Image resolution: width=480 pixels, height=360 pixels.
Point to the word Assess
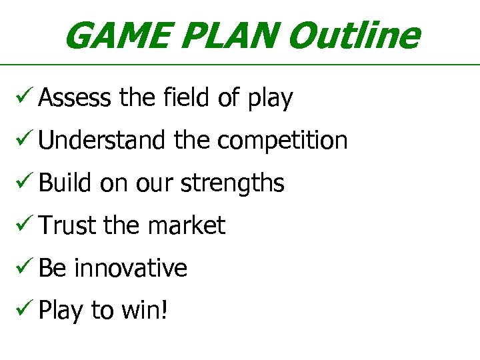click(x=75, y=98)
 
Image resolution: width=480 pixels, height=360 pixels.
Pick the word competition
click(x=282, y=141)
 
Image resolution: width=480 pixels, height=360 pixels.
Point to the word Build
click(x=65, y=183)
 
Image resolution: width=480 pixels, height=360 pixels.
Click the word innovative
click(x=131, y=268)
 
